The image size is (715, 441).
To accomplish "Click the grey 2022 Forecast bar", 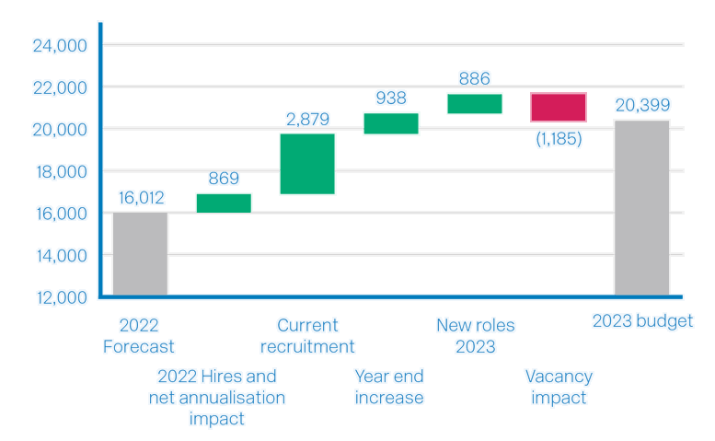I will coord(140,253).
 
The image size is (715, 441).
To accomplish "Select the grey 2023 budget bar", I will coord(641,206).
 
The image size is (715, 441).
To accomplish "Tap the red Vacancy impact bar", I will coord(558,107).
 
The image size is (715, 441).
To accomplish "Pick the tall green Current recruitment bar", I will coord(307,164).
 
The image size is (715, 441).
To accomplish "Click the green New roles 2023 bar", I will coord(475,103).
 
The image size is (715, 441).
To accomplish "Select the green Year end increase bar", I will coord(391,123).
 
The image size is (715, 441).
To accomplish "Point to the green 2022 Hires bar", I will coord(224,203).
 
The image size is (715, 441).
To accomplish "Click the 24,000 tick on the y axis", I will coord(61,45).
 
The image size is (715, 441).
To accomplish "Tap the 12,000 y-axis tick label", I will coord(61,296).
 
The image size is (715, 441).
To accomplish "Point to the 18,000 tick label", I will coord(61,171).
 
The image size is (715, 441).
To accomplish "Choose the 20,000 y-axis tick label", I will coord(61,130).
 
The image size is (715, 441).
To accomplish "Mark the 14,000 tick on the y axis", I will coord(61,255).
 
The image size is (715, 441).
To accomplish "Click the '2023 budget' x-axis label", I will coord(641,321).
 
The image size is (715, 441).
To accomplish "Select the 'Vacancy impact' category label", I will coord(558,387).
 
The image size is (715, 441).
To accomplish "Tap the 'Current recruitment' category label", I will coord(307,336).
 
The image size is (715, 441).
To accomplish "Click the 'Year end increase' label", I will coord(389,387).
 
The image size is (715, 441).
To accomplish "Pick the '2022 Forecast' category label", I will coord(140,336).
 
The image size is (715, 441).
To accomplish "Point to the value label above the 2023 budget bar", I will coord(641,105).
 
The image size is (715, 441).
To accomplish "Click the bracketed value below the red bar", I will coord(558,139).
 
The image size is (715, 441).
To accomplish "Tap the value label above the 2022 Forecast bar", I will coord(140,197).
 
